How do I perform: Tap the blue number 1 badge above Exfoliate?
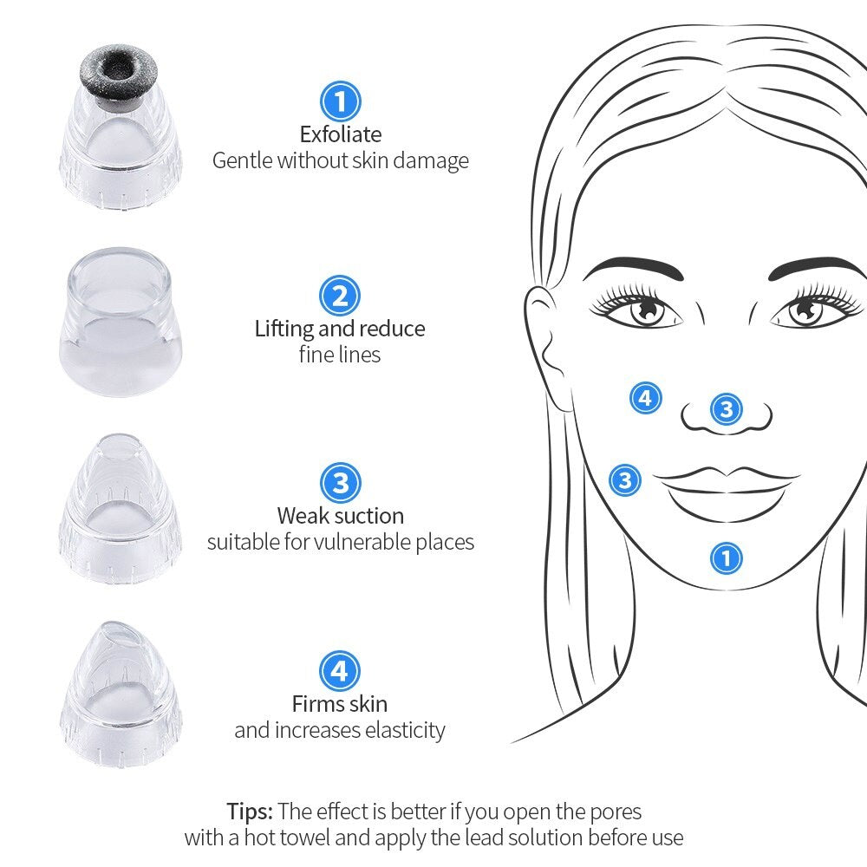tap(340, 101)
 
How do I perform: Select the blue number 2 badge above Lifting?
tap(340, 296)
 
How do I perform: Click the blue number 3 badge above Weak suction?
tap(340, 483)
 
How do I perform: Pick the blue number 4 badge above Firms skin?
tap(340, 671)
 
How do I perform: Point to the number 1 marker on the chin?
tap(726, 557)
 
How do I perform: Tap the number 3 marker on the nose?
tap(726, 409)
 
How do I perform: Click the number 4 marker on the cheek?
tap(646, 398)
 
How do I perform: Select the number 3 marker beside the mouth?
tap(625, 480)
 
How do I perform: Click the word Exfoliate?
tap(341, 134)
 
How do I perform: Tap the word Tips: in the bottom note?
tap(250, 812)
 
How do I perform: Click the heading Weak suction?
tap(341, 516)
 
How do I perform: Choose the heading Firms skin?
tap(340, 704)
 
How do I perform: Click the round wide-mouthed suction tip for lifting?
tap(120, 322)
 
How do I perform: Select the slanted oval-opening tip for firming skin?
tap(120, 694)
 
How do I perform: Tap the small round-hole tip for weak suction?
tap(120, 507)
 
